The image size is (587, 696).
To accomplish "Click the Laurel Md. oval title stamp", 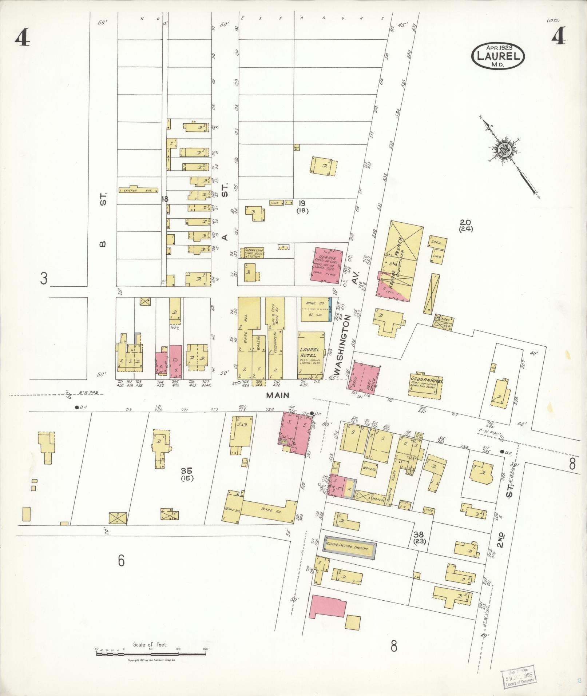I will coord(498,55).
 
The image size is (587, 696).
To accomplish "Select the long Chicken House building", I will coord(138,190).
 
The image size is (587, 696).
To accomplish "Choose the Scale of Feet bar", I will coord(151,653).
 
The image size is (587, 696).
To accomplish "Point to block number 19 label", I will coord(302,203).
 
